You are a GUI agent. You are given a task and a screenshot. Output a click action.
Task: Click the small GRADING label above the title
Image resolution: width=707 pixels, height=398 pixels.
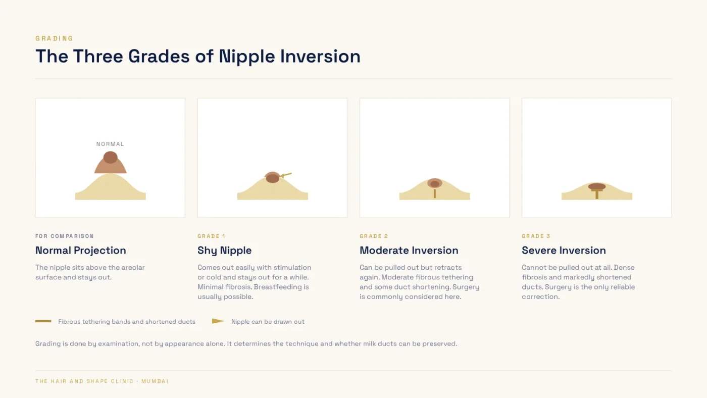click(55, 38)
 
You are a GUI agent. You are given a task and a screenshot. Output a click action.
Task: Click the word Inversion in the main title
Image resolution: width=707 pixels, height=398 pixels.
click(320, 56)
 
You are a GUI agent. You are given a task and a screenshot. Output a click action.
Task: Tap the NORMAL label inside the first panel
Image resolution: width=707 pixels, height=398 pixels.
click(110, 144)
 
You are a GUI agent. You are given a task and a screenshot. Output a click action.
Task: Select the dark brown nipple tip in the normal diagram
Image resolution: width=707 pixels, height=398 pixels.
click(111, 157)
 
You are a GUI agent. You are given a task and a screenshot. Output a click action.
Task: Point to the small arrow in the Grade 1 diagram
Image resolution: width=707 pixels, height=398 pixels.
click(286, 175)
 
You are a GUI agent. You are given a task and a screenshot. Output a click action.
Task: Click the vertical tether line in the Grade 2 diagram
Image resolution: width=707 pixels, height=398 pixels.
click(435, 193)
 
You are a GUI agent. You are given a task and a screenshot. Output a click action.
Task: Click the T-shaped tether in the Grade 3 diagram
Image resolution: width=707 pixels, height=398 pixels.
click(597, 193)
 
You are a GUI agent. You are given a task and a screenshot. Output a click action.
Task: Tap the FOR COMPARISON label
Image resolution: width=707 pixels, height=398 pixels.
click(65, 236)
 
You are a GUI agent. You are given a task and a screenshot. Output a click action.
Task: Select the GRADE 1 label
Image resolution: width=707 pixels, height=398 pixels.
click(211, 236)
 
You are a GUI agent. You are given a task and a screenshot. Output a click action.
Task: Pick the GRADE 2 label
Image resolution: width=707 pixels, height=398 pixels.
click(374, 236)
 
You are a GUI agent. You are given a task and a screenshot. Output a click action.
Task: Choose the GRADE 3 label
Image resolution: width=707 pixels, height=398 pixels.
click(536, 236)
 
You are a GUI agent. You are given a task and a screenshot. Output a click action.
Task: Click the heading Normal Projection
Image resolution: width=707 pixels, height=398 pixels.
click(80, 251)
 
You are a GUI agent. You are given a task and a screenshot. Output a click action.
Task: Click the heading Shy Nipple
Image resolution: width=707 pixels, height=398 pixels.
click(224, 251)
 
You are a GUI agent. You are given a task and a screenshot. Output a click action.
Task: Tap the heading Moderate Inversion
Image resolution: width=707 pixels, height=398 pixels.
click(409, 251)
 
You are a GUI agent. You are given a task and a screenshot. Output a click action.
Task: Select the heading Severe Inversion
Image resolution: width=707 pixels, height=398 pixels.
click(564, 251)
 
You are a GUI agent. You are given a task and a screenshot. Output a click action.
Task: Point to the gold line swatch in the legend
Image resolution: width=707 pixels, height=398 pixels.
click(43, 321)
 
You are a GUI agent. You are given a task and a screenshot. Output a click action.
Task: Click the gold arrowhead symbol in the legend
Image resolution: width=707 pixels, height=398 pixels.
click(218, 321)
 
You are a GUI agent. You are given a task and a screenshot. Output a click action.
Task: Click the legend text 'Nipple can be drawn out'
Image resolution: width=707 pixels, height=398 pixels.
click(268, 322)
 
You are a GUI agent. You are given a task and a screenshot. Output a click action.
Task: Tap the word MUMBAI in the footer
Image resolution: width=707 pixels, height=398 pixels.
click(155, 381)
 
